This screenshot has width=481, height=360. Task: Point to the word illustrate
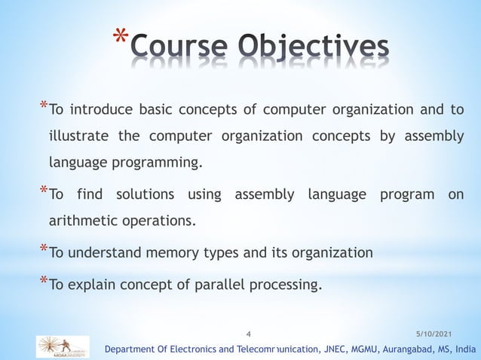(78, 136)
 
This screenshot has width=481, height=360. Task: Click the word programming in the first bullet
(158, 163)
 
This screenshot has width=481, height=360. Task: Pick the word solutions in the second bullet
(141, 196)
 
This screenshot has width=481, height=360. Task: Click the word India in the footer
(463, 349)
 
